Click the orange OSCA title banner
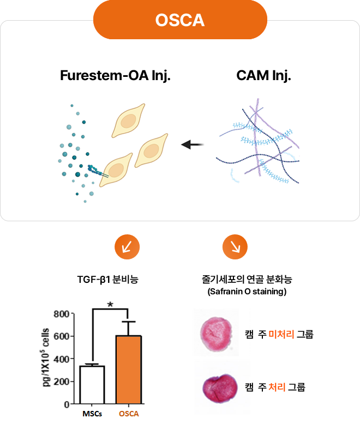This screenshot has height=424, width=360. click(x=180, y=20)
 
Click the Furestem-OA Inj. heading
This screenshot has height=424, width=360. click(x=116, y=75)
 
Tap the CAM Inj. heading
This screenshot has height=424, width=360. click(x=264, y=75)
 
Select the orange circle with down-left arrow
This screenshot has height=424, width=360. click(x=127, y=247)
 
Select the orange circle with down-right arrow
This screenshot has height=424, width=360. click(x=235, y=247)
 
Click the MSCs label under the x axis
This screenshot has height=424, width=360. click(x=92, y=414)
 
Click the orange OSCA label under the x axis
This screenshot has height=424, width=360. click(x=129, y=414)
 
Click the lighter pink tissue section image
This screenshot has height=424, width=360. click(x=216, y=332)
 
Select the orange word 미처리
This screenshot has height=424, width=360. click(x=281, y=334)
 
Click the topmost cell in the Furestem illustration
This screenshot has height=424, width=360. click(x=128, y=122)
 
